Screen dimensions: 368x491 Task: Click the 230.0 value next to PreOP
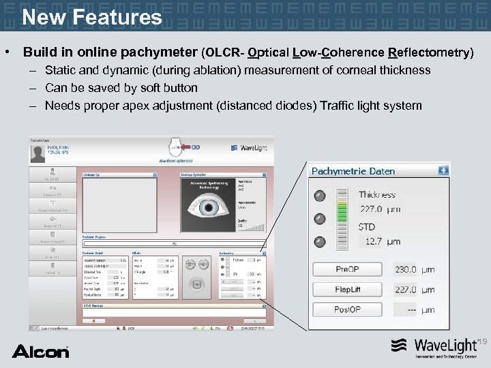pos(406,270)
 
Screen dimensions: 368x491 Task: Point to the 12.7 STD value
pos(373,241)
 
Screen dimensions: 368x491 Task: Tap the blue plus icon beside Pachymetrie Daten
pos(443,170)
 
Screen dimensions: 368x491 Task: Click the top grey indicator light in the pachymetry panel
pos(319,196)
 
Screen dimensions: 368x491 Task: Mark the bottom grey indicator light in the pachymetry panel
pos(319,240)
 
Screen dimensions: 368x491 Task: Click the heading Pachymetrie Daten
pos(353,171)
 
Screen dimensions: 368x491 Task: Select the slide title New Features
pos(92,16)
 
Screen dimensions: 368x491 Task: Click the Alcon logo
pos(40,351)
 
